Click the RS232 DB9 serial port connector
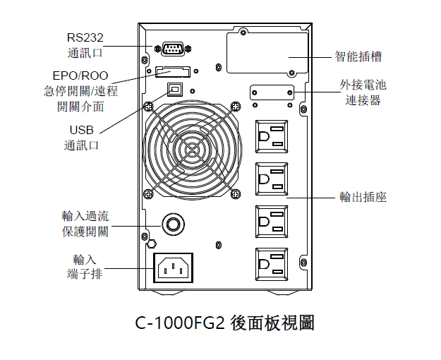[174, 49]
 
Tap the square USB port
[175, 90]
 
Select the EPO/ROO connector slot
[173, 71]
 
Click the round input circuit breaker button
[173, 224]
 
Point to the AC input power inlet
[173, 268]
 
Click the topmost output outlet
[272, 136]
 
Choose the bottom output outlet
[272, 264]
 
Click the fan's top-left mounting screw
[148, 106]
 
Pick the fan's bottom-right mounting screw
[236, 193]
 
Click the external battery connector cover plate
[272, 92]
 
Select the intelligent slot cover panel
[267, 53]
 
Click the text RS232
[85, 37]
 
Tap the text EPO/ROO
[80, 76]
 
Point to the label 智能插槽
[358, 56]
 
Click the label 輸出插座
[363, 197]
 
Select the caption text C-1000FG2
[180, 323]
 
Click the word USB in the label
[81, 130]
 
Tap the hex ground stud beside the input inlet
[152, 244]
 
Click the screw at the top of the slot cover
[243, 31]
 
